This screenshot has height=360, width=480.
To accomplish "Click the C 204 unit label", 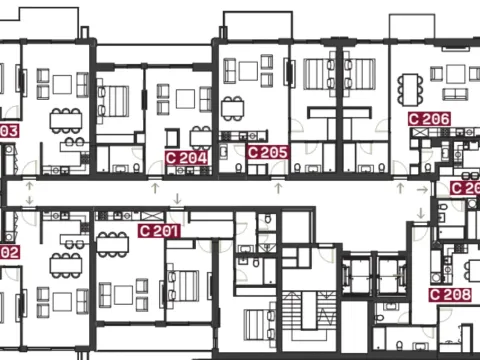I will [186, 157].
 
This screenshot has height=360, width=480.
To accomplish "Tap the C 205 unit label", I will [267, 152].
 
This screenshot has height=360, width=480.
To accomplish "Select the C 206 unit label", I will [429, 118].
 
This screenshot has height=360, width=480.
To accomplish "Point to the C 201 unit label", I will [159, 231].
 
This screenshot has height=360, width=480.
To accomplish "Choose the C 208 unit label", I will [450, 295].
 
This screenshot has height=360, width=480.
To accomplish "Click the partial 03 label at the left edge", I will [9, 130].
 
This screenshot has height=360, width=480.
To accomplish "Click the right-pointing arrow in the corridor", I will [421, 189].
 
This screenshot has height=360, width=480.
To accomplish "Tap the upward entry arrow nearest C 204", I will [155, 186].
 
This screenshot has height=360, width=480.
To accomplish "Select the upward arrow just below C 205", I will [277, 186].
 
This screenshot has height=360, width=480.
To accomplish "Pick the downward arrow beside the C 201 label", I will [177, 199].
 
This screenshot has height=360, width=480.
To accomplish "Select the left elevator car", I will [353, 271].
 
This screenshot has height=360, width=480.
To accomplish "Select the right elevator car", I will [386, 271].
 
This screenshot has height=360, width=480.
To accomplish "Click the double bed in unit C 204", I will [116, 99].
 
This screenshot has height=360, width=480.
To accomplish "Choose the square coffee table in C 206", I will [455, 73].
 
